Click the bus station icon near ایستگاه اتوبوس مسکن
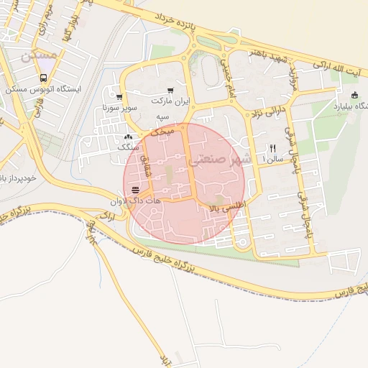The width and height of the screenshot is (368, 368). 43,78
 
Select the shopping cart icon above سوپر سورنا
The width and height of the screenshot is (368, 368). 119,97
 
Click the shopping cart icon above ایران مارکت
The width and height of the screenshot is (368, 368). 170,91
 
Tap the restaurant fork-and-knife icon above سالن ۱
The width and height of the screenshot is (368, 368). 272,148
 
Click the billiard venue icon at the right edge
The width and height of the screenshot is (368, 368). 354,96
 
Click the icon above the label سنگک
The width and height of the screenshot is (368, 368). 128,136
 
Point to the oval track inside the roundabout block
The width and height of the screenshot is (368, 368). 209,70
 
